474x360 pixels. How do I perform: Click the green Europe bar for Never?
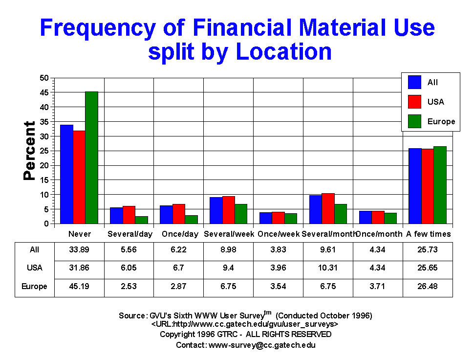click(91, 157)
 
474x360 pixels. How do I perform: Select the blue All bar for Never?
click(66, 174)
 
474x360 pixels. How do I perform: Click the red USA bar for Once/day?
click(179, 214)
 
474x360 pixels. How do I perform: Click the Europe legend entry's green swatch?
click(414, 121)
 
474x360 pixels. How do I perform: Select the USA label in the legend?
click(435, 102)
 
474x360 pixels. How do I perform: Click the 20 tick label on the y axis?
click(44, 165)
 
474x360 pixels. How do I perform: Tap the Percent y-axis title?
click(30, 151)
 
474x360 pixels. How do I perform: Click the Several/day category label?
click(129, 234)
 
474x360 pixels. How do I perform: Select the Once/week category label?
click(278, 234)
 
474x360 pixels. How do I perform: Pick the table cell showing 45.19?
click(80, 286)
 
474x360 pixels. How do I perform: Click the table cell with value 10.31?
click(328, 268)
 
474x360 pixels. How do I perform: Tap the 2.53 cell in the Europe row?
click(129, 286)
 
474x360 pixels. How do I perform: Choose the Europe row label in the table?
click(35, 286)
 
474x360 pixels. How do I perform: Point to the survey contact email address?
click(262, 345)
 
